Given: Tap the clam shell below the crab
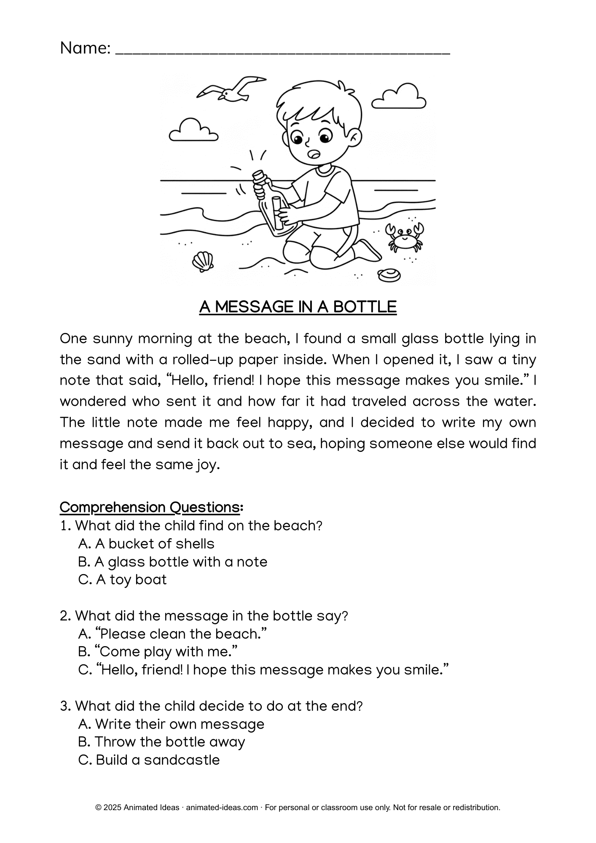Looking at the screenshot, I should point(389,276).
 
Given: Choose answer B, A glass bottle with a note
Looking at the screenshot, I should point(173,561).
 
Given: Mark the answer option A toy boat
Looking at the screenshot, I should point(123,580).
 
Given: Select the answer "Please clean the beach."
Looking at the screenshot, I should point(173,634).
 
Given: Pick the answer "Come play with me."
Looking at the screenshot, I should point(158,652).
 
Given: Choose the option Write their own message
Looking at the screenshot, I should point(171,724).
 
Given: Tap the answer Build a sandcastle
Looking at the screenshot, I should point(149,760).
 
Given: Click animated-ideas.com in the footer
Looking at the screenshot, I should point(222,808).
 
